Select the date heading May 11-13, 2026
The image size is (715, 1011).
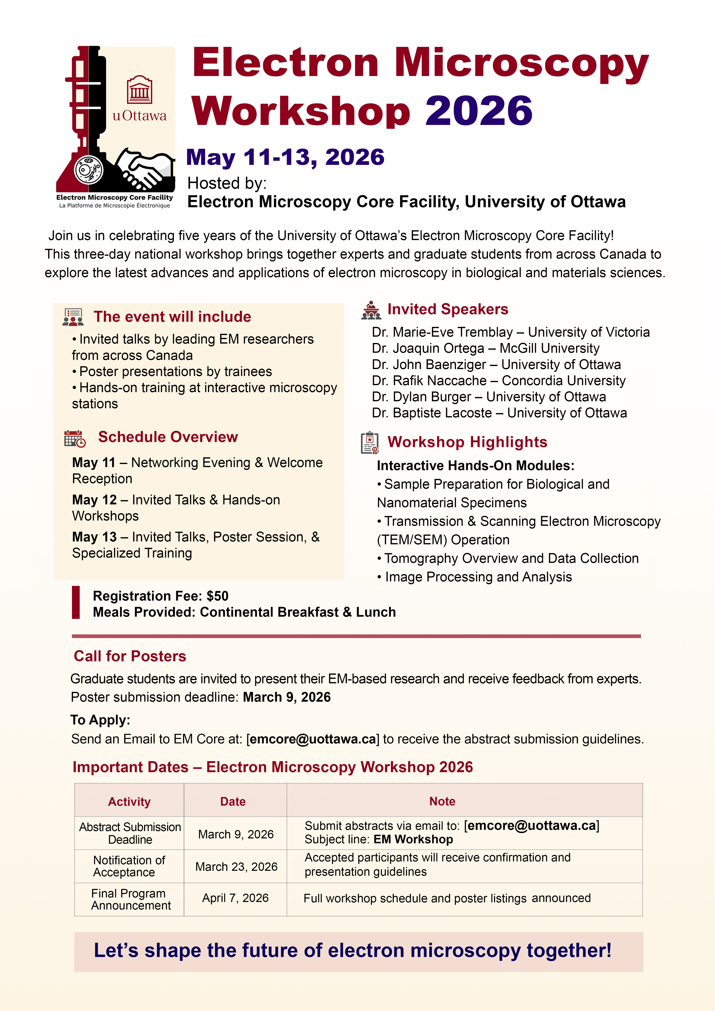click(285, 157)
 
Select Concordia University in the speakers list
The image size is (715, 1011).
click(564, 380)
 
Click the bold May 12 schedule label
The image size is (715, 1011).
click(94, 500)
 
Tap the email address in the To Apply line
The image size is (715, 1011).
click(313, 739)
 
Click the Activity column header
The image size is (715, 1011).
click(129, 801)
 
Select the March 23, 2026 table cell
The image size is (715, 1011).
click(236, 867)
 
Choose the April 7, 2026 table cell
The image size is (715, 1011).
click(236, 898)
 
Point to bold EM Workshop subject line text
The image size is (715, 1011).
click(413, 839)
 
